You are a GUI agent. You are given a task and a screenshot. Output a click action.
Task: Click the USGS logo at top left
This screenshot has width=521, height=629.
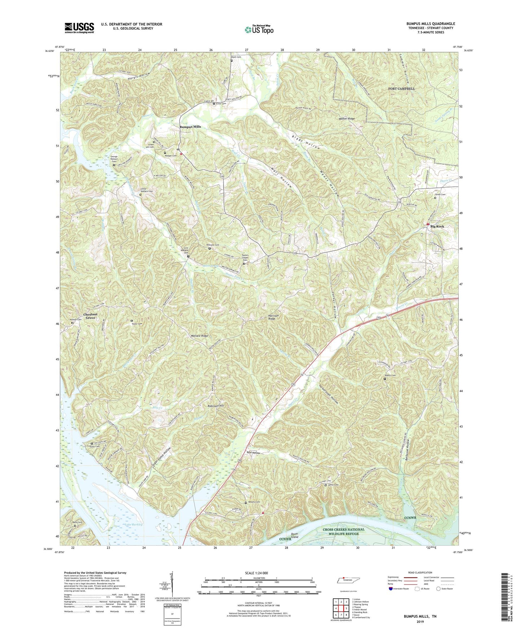click(x=79, y=28)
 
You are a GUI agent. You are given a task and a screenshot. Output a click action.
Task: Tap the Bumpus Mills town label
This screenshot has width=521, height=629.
click(x=190, y=127)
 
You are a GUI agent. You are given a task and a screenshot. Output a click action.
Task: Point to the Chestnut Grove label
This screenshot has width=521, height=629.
click(x=90, y=316)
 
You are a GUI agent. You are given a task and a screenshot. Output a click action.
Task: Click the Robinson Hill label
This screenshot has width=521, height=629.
click(x=216, y=406)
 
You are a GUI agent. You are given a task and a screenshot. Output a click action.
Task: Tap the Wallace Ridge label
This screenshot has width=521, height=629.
click(x=199, y=336)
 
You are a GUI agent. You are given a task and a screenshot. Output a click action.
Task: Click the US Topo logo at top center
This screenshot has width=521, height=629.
click(x=259, y=29)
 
